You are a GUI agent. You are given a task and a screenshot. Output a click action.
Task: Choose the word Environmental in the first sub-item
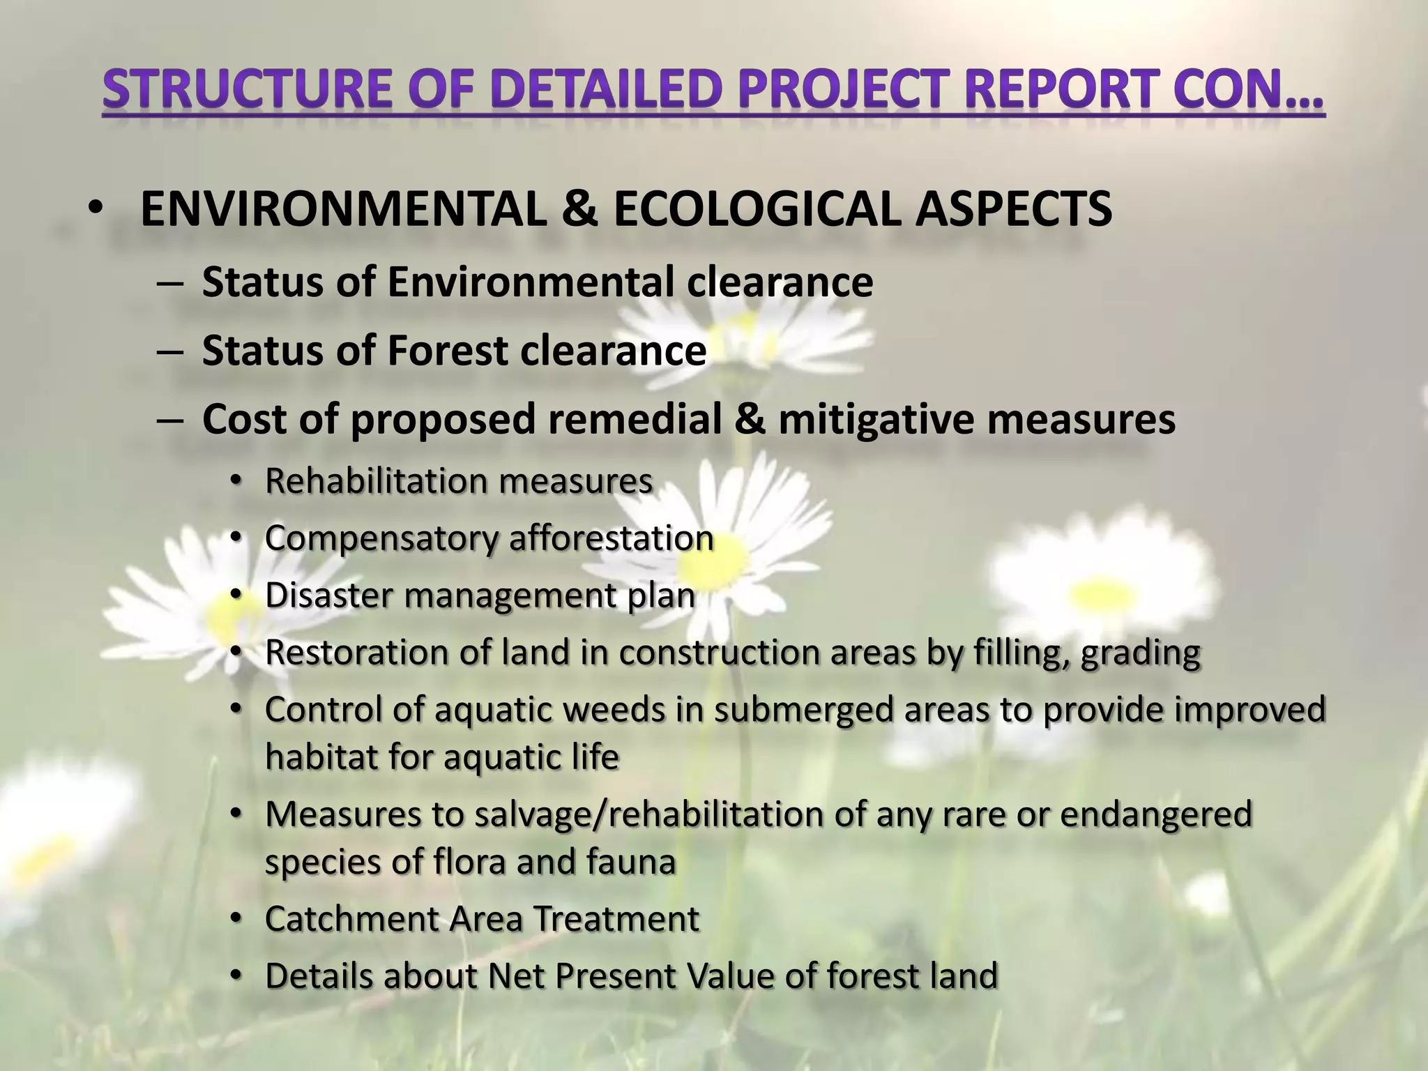[x=531, y=282]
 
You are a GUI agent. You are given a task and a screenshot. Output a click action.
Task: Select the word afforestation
[x=612, y=538]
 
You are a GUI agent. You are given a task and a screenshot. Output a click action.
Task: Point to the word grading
[x=1141, y=653]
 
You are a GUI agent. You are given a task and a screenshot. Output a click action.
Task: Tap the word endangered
[x=1156, y=814]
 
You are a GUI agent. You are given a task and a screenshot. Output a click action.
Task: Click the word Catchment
[x=351, y=918]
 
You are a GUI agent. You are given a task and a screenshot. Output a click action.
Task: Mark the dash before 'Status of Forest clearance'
[x=169, y=351]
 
